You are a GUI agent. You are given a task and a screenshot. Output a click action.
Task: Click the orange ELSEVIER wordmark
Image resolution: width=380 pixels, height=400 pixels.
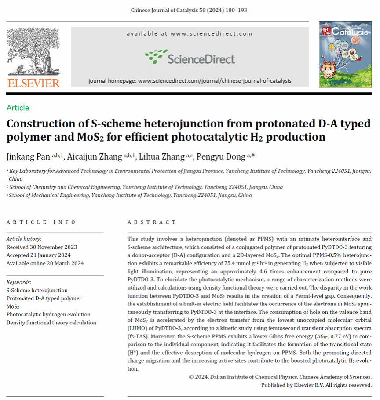click(33, 83)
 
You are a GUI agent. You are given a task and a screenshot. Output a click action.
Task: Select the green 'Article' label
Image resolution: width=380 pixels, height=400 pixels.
click(18, 108)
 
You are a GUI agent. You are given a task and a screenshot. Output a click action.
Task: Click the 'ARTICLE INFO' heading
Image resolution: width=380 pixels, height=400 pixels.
click(41, 222)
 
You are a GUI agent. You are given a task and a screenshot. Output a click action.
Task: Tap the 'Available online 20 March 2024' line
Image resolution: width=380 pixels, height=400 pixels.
click(45, 263)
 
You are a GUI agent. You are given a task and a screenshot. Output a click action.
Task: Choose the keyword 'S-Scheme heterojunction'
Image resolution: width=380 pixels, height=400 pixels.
click(37, 290)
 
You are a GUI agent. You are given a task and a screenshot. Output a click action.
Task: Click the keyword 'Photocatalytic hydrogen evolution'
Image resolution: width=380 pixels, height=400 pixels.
click(48, 314)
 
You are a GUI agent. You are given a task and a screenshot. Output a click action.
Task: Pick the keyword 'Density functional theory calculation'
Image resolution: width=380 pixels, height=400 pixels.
click(51, 323)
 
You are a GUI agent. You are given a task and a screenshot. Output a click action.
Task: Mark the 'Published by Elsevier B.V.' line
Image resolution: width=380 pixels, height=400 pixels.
click(316, 385)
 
